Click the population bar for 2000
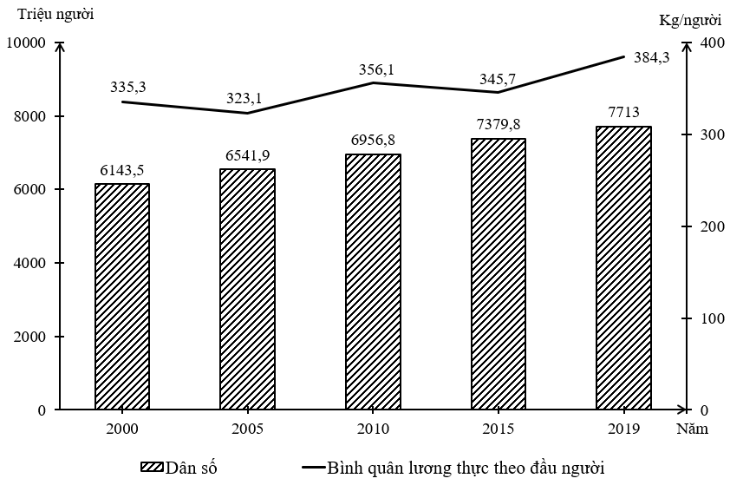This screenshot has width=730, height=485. [x=122, y=296]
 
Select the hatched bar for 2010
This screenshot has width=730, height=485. [x=373, y=281]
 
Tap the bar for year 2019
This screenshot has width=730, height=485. [x=623, y=267]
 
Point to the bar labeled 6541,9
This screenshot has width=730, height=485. [x=247, y=289]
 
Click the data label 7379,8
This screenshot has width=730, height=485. [x=498, y=124]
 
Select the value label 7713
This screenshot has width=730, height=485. [x=623, y=112]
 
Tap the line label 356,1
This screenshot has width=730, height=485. [x=376, y=69]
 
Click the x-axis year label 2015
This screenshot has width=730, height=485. [x=499, y=429]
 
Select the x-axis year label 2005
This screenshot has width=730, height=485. [x=247, y=429]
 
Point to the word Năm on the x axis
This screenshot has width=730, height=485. [x=694, y=429]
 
